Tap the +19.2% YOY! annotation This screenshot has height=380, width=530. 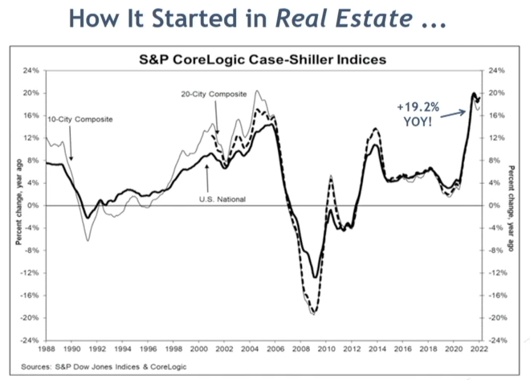tap(417, 112)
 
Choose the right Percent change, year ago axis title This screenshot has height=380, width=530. tap(514, 206)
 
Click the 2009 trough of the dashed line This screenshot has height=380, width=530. tap(314, 313)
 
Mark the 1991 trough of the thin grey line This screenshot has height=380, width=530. tap(88, 239)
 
